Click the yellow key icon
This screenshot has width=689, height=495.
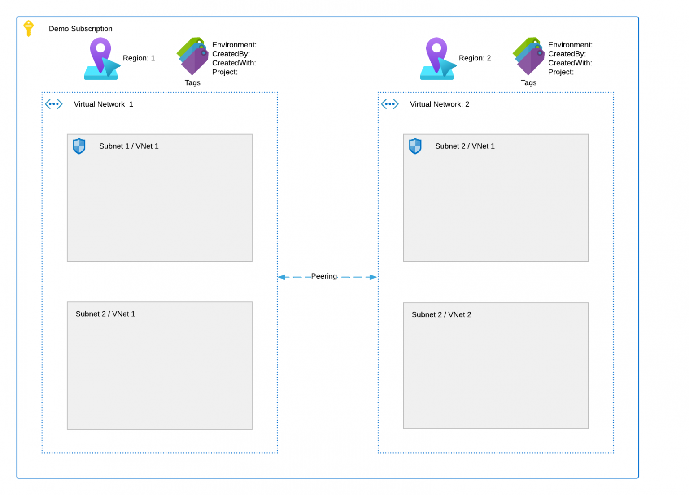(28, 28)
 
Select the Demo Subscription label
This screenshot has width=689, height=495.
(80, 29)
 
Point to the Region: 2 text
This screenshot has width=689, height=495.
(475, 58)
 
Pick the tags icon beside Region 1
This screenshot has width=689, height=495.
(193, 56)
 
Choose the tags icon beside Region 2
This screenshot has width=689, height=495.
(529, 56)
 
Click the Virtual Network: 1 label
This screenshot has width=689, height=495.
(103, 104)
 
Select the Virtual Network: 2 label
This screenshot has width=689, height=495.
(439, 104)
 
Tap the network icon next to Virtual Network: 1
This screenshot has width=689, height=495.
(54, 104)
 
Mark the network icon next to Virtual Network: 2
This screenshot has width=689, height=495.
(390, 104)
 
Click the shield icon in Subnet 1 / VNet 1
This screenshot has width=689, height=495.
(79, 146)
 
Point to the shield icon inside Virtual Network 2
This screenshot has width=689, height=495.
(415, 146)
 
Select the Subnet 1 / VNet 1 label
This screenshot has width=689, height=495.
(129, 146)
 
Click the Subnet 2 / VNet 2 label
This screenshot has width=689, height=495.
(441, 315)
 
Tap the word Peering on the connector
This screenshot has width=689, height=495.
(324, 276)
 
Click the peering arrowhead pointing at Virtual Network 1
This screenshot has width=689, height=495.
(282, 277)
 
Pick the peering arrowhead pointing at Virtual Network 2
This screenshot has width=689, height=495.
(373, 277)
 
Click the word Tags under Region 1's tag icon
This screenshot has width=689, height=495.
(192, 83)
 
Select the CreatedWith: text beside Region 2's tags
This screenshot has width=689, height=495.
(570, 63)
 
